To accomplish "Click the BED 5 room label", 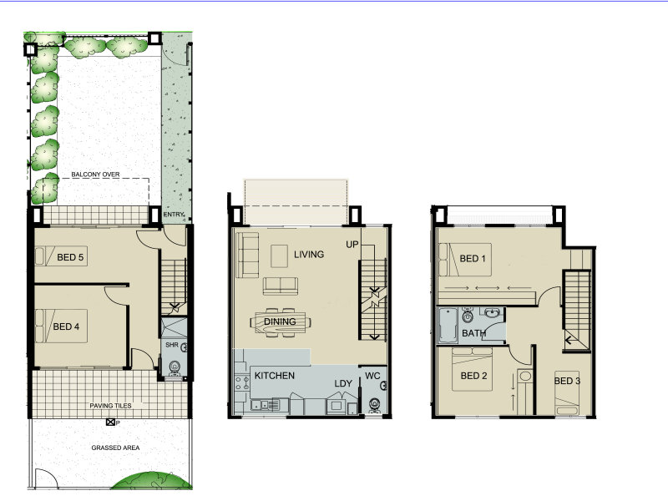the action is (x=70, y=257).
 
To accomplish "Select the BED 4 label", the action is (x=66, y=326).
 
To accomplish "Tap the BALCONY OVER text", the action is (x=95, y=175).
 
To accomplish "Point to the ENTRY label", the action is (x=174, y=215).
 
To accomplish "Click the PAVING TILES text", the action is (x=110, y=406).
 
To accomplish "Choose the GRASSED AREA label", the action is (x=115, y=448).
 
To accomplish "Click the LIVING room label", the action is (x=309, y=255).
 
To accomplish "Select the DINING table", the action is (x=281, y=322).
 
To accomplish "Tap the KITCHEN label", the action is (x=275, y=376).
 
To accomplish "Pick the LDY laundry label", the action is (x=343, y=383).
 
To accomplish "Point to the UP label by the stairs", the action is (x=352, y=245).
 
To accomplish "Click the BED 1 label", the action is (x=473, y=259).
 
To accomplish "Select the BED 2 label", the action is (x=473, y=376).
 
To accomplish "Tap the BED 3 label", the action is (x=567, y=381).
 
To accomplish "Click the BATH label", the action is (x=473, y=333).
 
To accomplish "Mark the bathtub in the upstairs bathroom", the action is (x=448, y=325).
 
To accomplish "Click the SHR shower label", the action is (x=172, y=345).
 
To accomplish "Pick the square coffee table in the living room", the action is (x=279, y=256).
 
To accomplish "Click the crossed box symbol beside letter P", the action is (x=110, y=423).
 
